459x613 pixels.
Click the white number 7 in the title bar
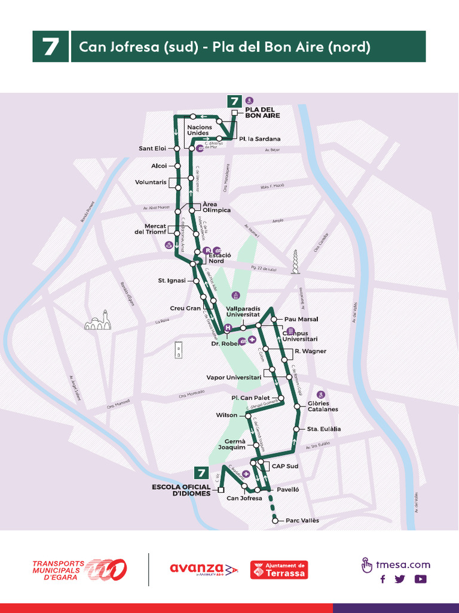click(50, 47)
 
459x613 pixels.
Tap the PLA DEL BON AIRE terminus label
click(262, 112)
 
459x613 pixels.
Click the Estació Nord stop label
click(216, 258)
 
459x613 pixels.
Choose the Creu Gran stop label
click(185, 308)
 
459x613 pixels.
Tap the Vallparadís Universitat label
click(243, 311)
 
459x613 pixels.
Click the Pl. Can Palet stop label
click(250, 397)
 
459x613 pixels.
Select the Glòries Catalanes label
click(323, 406)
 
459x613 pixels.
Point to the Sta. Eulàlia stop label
click(323, 429)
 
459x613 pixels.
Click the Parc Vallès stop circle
click(275, 521)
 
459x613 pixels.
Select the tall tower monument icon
click(295, 262)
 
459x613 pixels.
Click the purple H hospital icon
click(227, 328)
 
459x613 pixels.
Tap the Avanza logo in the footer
click(204, 569)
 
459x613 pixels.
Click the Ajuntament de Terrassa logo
click(279, 569)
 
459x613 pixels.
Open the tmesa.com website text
click(402, 565)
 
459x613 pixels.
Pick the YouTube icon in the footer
click(421, 579)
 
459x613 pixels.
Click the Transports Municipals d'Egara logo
click(79, 569)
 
